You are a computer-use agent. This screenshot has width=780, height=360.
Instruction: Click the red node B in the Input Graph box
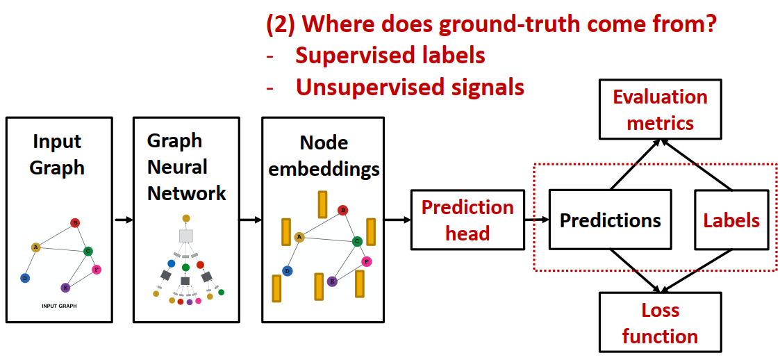[x=75, y=223]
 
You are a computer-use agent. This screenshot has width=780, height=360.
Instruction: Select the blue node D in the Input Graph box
[x=25, y=278]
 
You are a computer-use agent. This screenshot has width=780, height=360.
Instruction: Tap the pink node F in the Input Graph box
[x=97, y=269]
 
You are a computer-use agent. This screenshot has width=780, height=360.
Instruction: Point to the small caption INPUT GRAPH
[x=59, y=306]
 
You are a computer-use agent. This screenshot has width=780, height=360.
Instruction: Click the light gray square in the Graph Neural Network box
[x=185, y=236]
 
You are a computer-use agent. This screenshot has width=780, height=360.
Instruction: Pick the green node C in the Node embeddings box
[x=356, y=241]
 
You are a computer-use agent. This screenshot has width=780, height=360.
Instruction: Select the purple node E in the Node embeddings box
[x=332, y=281]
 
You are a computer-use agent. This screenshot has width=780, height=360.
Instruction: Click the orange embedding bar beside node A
[x=285, y=231]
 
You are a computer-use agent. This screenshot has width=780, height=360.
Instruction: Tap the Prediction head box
[x=467, y=220]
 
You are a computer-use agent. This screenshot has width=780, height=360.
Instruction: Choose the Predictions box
[x=611, y=220]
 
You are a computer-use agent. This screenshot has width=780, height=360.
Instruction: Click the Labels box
[x=731, y=220]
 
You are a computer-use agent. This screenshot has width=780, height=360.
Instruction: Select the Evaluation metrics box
[x=660, y=110]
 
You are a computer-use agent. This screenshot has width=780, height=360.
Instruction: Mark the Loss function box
[x=660, y=322]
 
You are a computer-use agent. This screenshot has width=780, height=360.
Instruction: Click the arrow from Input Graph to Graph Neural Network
[x=123, y=220]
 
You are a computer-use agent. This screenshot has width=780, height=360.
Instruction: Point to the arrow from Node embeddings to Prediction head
[x=397, y=220]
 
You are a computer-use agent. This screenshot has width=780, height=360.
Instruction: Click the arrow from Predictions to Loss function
[x=633, y=272]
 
